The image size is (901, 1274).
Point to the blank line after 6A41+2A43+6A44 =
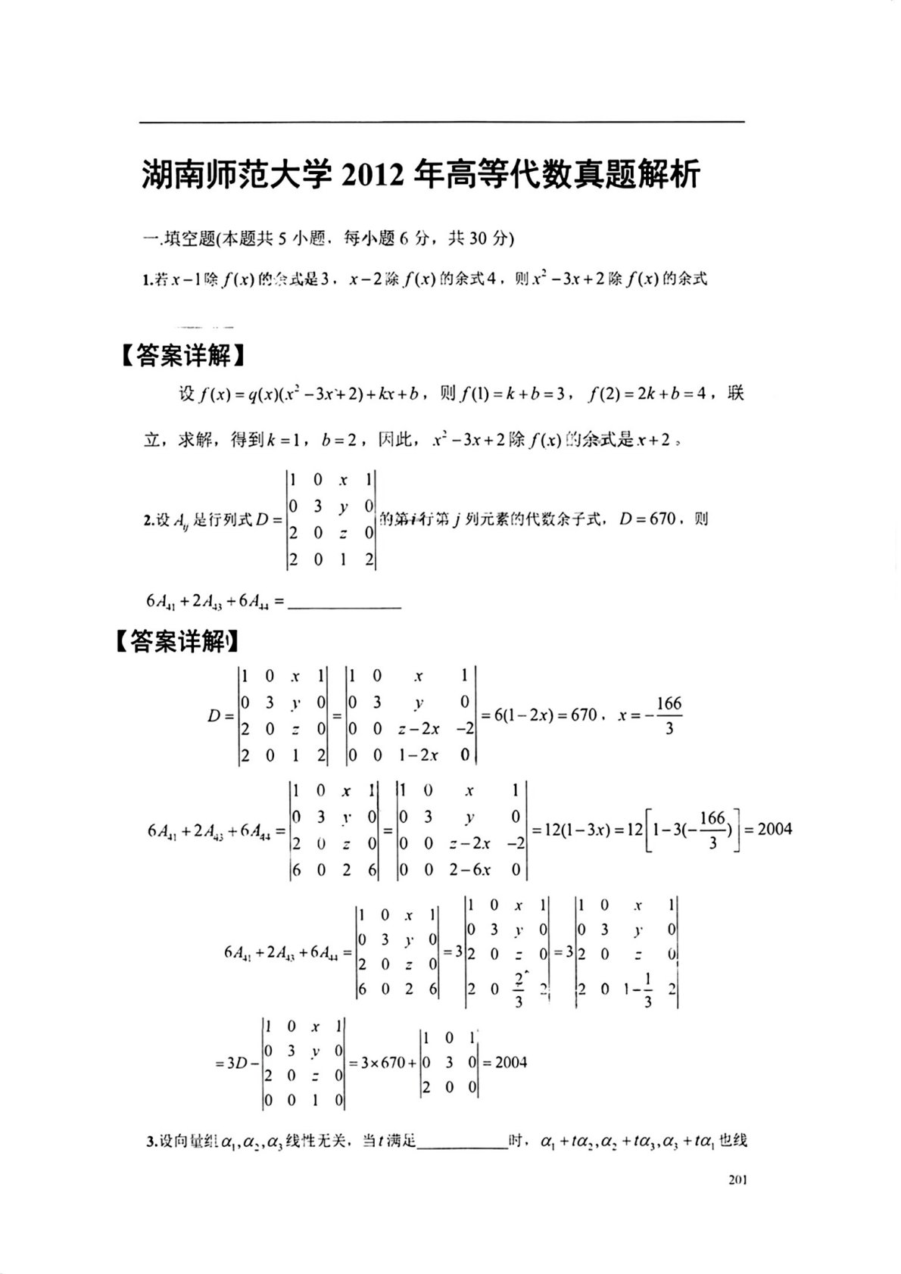pos(344,604)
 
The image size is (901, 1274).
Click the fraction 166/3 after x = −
pos(669,715)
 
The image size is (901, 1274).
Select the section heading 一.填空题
pos(180,239)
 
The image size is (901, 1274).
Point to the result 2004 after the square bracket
pos(775,829)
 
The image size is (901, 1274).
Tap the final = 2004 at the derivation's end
pos(510,1062)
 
